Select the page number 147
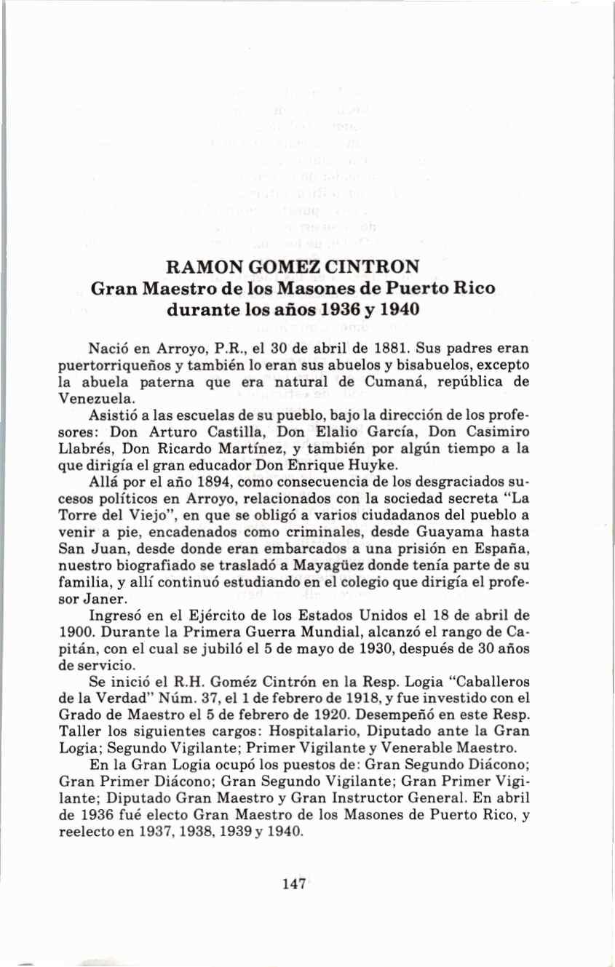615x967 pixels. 293,884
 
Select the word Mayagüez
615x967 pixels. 336,566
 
